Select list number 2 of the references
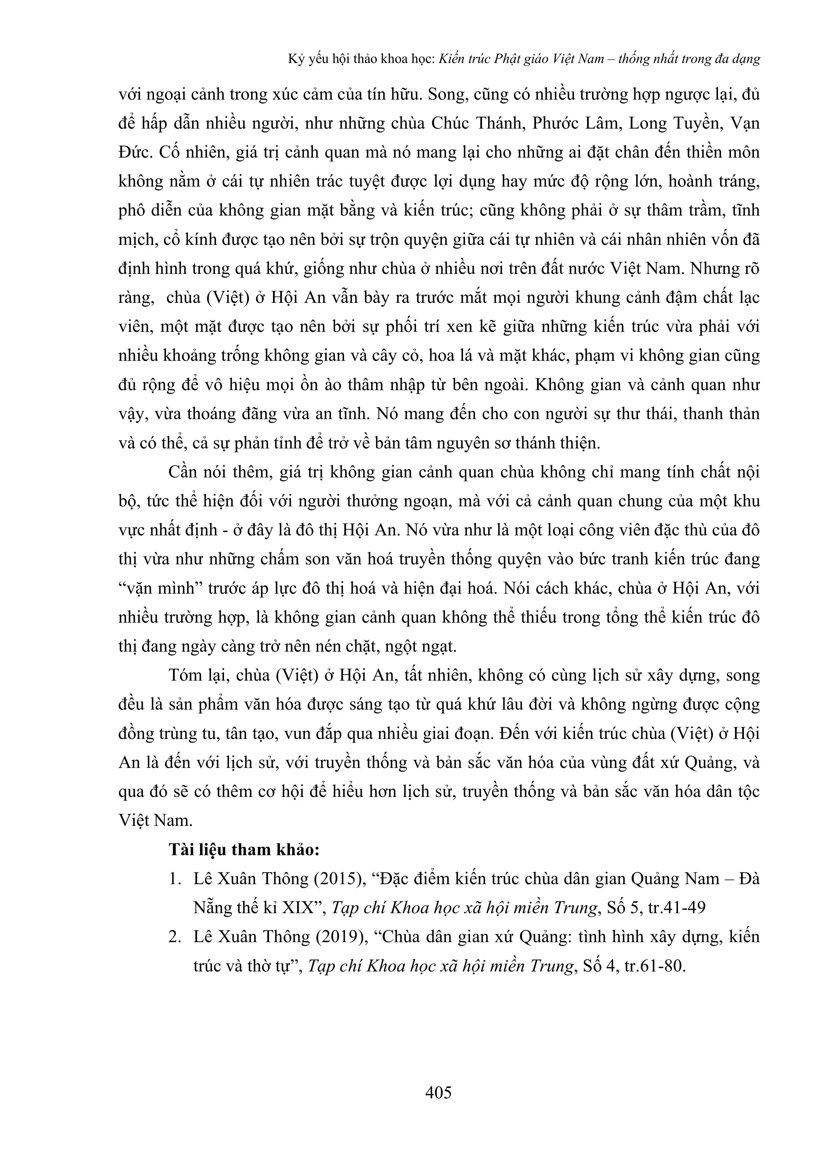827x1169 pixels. tap(175, 937)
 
